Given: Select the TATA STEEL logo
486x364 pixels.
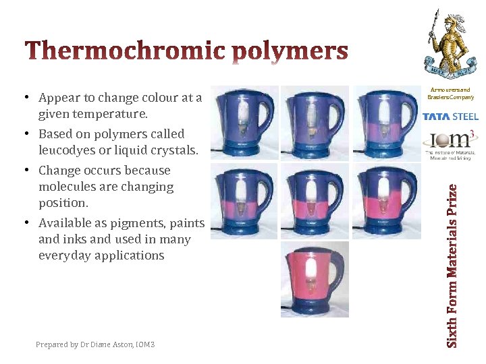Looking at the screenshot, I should click(450, 117).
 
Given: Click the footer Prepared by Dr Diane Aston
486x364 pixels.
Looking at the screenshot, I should click(95, 344).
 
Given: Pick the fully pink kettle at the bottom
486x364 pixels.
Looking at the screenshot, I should click(315, 278).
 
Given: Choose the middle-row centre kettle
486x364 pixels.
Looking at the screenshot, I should click(314, 200).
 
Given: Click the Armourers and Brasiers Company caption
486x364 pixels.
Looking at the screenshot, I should click(450, 94).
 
